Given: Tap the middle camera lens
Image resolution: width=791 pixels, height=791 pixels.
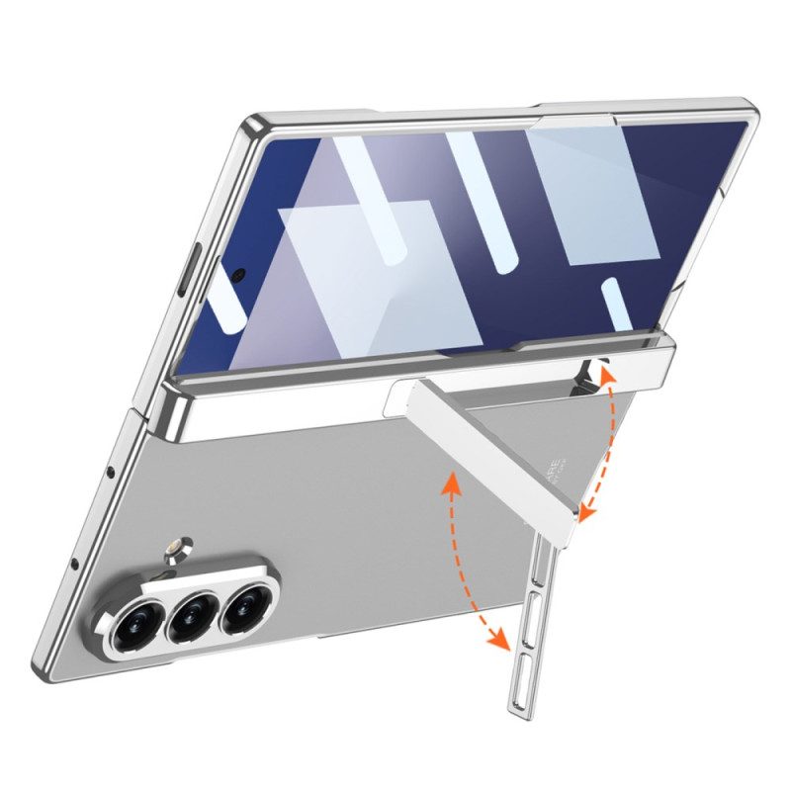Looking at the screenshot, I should (x=191, y=618).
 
